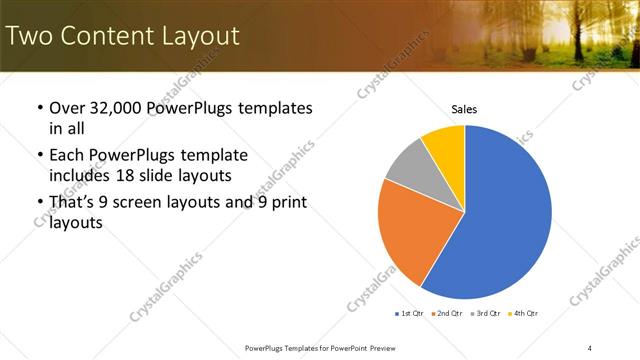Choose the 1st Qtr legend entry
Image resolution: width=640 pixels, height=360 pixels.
coord(410,313)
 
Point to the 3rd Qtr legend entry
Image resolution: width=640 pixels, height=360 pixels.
coord(488,313)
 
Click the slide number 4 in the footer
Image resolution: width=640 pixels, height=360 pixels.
coord(590,347)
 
